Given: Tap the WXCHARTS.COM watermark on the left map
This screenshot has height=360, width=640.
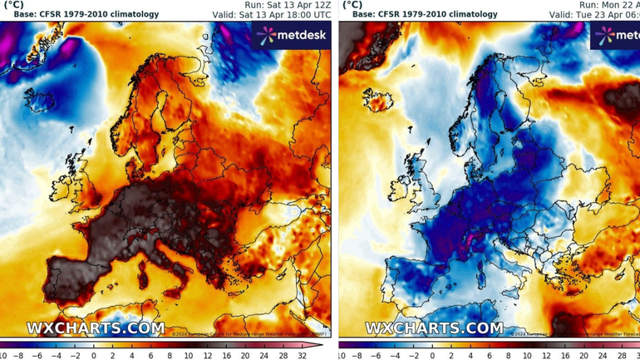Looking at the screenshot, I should pos(96,328).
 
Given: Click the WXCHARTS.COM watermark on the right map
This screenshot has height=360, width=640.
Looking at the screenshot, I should pos(434,328).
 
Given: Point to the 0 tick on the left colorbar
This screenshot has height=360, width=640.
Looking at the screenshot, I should pos(93,355).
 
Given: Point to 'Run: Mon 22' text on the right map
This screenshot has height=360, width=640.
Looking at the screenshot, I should pos(608,4).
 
